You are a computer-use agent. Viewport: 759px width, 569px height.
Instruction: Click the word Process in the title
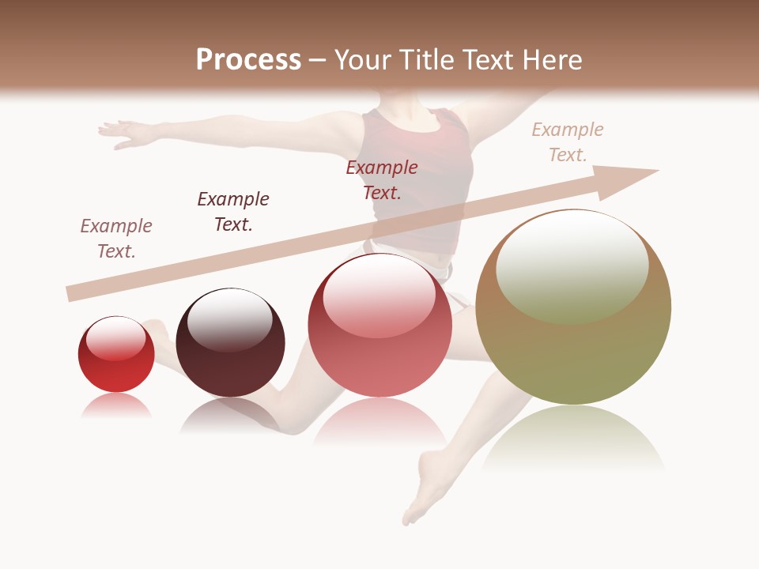248,60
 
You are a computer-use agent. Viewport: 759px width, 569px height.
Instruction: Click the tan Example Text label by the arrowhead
567,142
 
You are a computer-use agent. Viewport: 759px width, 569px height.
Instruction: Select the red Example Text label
382,179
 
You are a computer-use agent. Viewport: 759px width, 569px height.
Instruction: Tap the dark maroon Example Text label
233,211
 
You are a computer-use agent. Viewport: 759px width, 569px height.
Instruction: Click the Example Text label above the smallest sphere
116,238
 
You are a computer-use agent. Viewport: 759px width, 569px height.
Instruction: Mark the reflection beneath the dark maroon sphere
229,415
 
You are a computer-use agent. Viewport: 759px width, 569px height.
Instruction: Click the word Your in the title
363,60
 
